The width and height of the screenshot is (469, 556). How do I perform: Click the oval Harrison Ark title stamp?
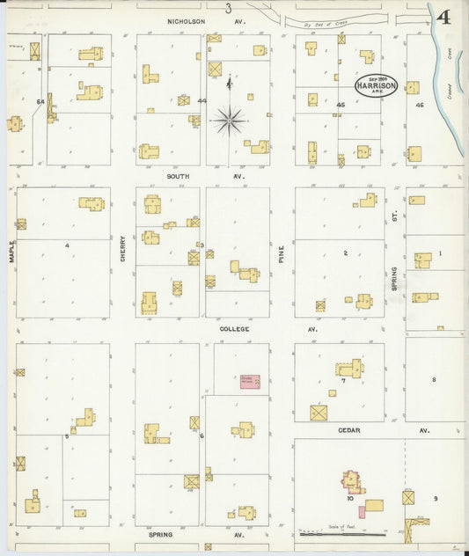pos(377,85)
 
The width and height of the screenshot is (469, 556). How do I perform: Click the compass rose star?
pos(229,119)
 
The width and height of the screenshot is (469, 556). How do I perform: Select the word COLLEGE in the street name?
pos(235,329)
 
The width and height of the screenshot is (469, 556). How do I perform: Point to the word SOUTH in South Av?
pos(179,176)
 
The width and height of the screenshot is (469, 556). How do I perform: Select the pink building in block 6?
pos(250,381)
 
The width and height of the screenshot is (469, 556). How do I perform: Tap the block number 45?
pos(340,105)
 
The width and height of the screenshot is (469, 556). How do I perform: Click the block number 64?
pos(40,102)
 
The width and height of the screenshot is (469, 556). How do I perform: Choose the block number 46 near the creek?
pos(420,105)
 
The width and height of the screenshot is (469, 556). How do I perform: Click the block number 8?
pos(434,379)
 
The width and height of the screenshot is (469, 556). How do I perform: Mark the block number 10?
pos(350,499)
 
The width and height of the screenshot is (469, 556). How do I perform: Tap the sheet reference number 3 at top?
pos(228,9)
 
